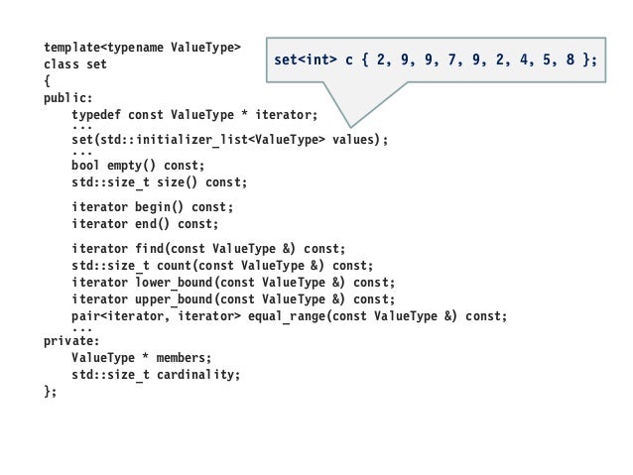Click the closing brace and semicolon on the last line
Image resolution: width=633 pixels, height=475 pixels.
(51, 392)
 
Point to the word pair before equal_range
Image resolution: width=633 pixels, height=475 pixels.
(86, 315)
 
